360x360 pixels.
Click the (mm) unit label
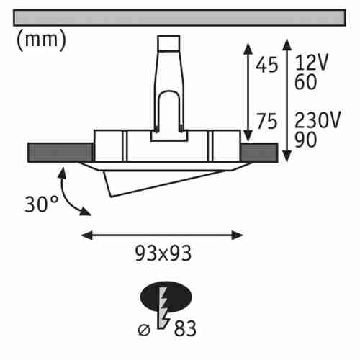pos(41,40)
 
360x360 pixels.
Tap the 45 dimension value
pos(266,65)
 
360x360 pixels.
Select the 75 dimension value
pos(267,121)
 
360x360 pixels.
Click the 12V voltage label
pos(311,63)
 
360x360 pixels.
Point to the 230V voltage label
pos(318,120)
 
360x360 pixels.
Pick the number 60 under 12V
pos(305,82)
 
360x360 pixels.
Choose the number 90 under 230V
pos(305,140)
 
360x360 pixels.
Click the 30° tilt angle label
pos(41,204)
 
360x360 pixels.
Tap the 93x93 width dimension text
pos(163,253)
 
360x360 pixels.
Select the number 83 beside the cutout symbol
pos(185,328)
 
